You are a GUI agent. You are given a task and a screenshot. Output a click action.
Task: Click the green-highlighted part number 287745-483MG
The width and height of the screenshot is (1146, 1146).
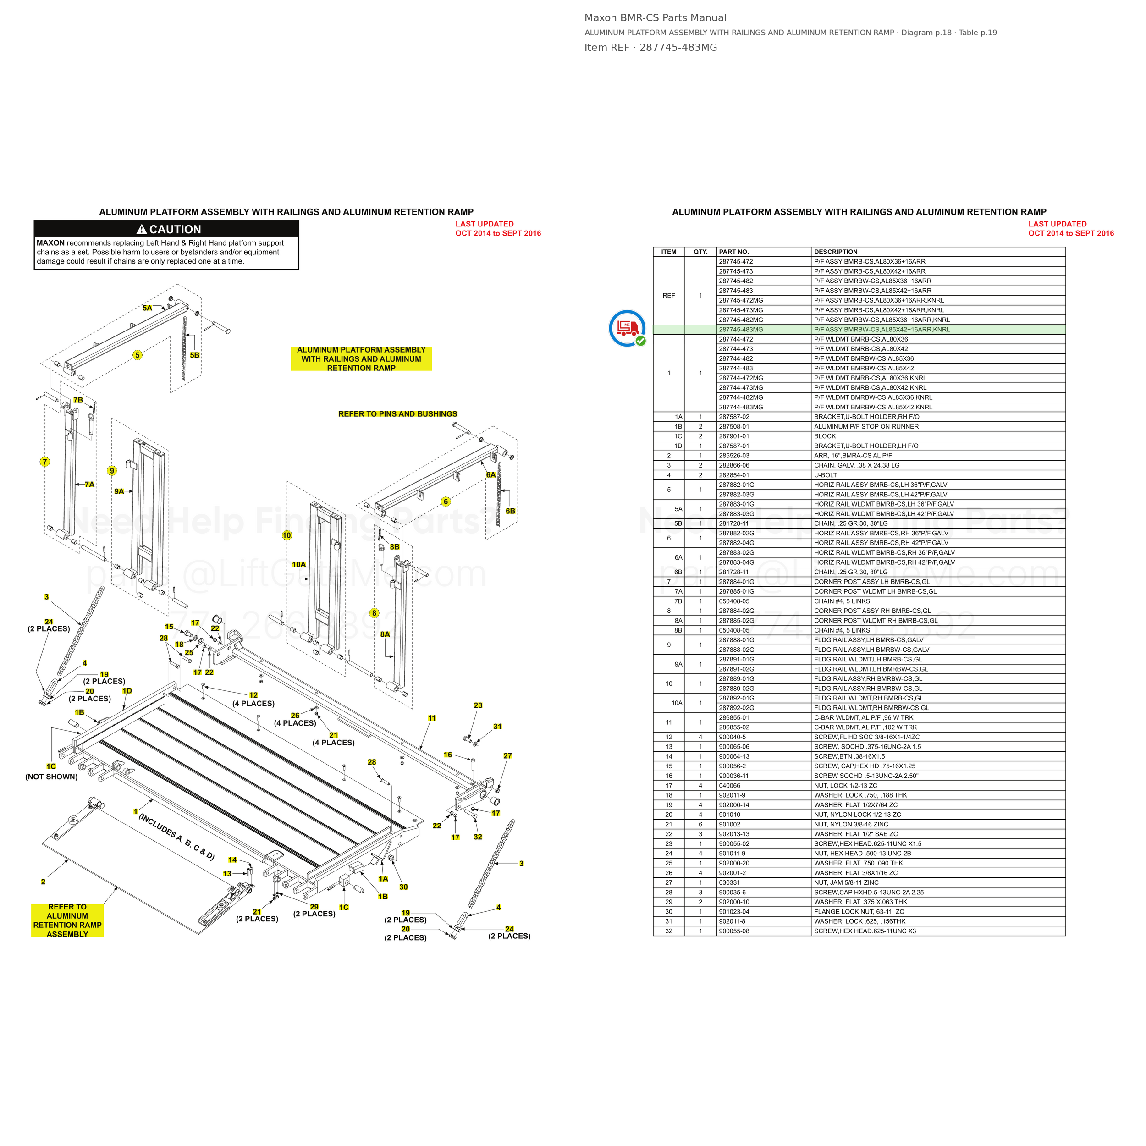click(x=740, y=329)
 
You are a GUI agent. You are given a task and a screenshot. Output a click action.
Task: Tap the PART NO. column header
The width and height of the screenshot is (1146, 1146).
click(x=734, y=252)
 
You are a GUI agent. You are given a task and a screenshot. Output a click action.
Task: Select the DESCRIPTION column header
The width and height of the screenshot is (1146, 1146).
click(x=835, y=252)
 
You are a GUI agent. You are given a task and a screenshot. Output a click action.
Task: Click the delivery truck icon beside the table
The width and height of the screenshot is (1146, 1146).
click(x=627, y=327)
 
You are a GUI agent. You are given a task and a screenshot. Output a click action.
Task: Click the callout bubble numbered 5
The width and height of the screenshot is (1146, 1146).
click(x=138, y=355)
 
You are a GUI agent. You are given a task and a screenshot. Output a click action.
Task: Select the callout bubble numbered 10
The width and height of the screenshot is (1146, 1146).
click(x=287, y=535)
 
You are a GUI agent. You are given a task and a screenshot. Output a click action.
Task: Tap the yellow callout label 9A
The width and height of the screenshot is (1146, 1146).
click(x=119, y=491)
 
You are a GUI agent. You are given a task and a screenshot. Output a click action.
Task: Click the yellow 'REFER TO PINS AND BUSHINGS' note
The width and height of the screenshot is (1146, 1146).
click(x=398, y=414)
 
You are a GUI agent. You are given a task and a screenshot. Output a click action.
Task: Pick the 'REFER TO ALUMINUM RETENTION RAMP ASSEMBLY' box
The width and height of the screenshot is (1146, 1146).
click(x=68, y=920)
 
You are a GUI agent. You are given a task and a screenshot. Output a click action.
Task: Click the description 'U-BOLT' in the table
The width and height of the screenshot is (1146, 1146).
click(x=826, y=475)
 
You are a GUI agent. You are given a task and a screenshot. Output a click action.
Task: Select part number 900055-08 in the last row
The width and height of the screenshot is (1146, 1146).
click(x=734, y=931)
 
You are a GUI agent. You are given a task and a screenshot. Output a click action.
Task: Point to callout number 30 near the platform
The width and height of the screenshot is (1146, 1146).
click(x=403, y=887)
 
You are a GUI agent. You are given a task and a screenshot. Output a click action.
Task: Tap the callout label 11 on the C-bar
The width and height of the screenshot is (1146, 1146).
click(x=432, y=718)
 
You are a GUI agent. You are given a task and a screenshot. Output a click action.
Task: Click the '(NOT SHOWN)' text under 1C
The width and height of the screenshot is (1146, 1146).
click(x=52, y=777)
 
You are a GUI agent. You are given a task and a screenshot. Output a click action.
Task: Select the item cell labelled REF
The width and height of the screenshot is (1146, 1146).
click(x=668, y=295)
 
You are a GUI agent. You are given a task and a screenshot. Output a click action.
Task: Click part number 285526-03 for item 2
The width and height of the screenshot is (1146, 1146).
click(x=734, y=456)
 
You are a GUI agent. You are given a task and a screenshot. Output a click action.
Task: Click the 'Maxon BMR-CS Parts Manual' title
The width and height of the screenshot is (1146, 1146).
click(x=655, y=18)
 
